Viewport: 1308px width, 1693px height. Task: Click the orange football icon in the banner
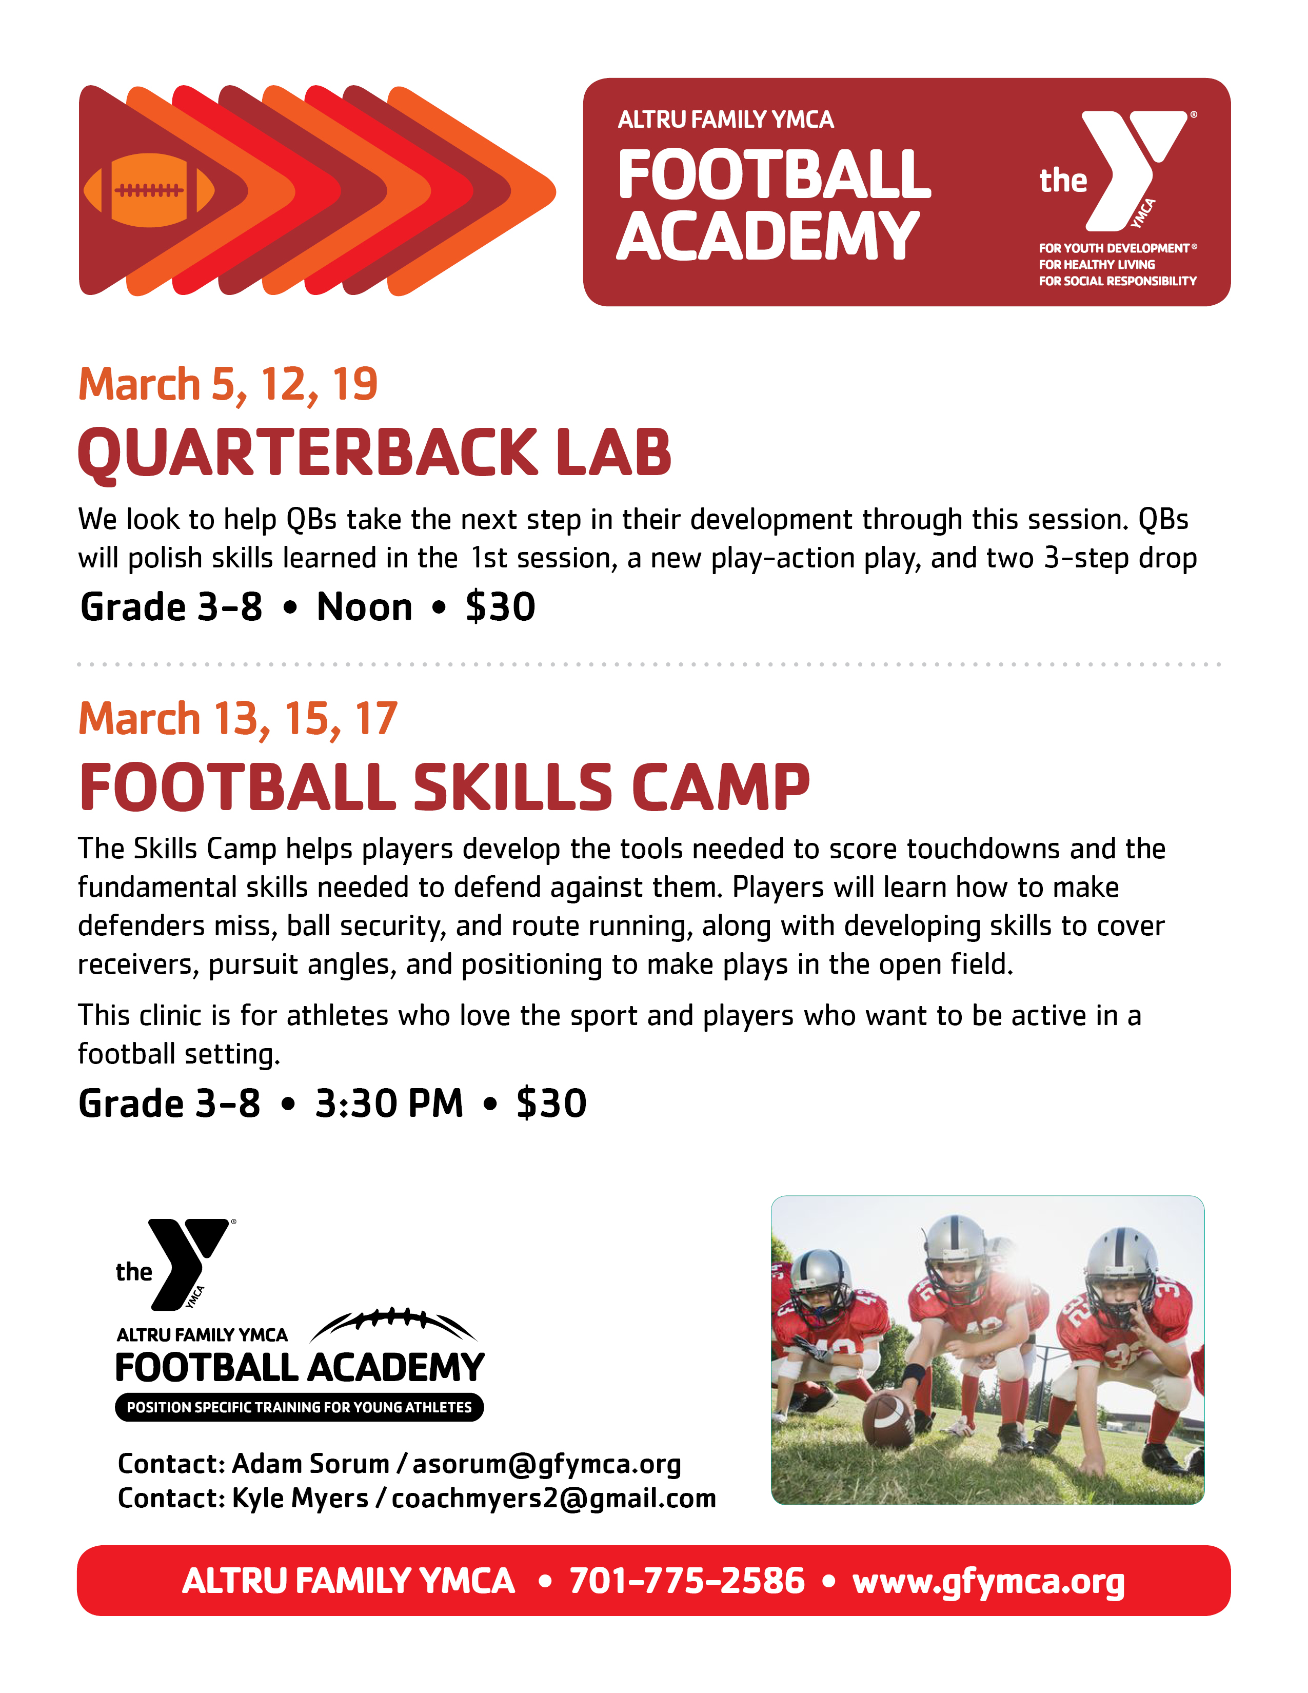coord(149,190)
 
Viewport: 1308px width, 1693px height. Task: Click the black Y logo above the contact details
coord(188,1264)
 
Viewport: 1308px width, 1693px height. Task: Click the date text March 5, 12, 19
coord(228,384)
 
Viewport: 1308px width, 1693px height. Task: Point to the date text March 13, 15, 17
coord(238,719)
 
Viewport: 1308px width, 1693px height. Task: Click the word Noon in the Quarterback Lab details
coord(364,606)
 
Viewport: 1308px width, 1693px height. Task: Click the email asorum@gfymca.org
coord(546,1464)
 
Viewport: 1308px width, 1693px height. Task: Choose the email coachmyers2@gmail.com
coord(553,1499)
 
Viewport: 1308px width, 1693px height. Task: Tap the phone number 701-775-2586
coord(687,1581)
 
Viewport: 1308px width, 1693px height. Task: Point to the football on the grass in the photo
coord(889,1421)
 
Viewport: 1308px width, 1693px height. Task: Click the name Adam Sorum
coord(310,1464)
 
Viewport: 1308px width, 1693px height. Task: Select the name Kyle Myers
coord(300,1499)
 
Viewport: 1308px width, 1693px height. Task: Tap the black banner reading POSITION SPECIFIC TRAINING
coord(299,1407)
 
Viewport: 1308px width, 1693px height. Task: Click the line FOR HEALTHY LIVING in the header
coord(1097,264)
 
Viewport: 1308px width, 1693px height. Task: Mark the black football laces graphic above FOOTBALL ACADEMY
coord(393,1324)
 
